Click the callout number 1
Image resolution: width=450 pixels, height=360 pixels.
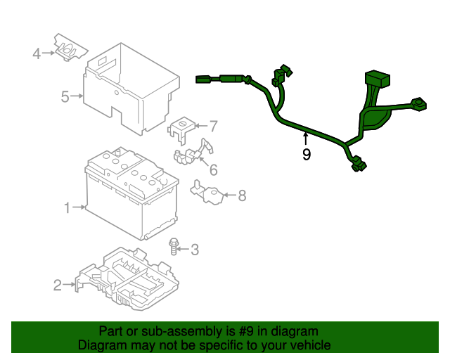coord(67,207)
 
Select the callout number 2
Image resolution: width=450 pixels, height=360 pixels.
coord(57,285)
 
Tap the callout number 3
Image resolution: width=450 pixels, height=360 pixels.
coord(195,249)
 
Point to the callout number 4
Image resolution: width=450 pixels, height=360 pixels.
coord(37,53)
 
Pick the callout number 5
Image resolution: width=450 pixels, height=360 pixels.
coord(65,96)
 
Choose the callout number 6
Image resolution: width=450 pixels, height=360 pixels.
coord(212,169)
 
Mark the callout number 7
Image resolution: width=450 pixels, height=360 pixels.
coord(213,127)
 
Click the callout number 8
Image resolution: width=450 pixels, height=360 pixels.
coord(242,196)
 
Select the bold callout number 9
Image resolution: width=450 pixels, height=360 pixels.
coord(306,155)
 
